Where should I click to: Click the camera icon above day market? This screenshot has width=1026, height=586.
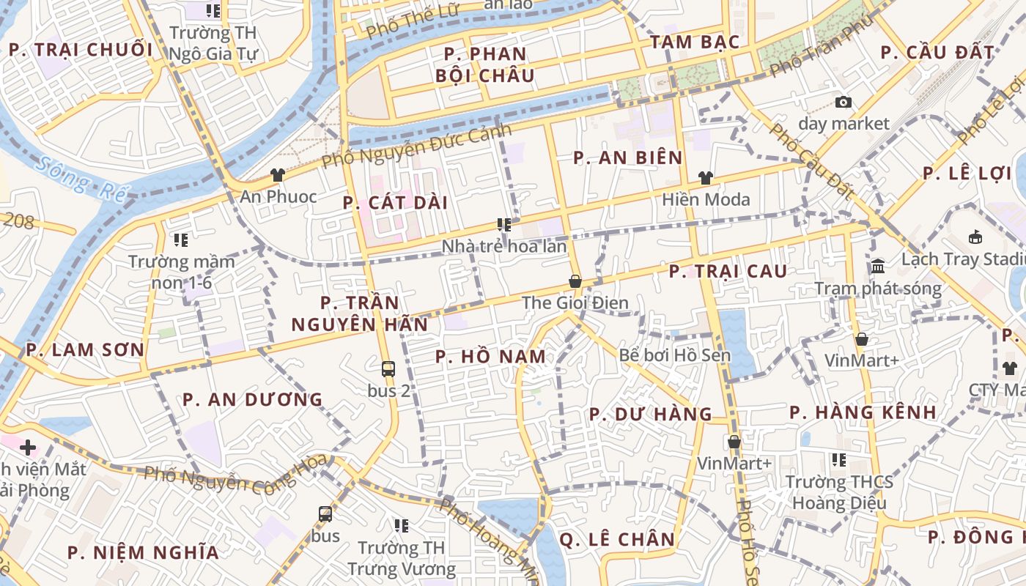point(844,103)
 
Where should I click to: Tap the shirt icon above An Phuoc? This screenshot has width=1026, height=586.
point(278,174)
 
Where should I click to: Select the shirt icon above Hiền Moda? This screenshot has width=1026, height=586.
point(706,177)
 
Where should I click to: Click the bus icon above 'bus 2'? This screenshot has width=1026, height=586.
point(388,369)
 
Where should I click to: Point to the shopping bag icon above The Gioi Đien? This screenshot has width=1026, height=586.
point(575,281)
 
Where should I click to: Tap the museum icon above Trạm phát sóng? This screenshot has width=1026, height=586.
point(878,266)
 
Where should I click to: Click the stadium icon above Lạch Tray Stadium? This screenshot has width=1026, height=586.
point(976,237)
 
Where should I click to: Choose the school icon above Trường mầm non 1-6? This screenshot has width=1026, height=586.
point(181,240)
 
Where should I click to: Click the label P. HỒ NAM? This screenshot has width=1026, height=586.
point(490,357)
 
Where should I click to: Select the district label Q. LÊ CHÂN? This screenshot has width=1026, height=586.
point(616,540)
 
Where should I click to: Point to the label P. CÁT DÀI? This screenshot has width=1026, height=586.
point(395,203)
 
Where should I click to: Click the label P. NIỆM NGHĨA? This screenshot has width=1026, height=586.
point(143,552)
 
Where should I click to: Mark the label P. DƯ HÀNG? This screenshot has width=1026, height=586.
point(650,415)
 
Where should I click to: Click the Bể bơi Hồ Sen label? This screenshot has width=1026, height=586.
point(675,355)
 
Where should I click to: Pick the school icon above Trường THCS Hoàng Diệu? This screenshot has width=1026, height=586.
point(839,460)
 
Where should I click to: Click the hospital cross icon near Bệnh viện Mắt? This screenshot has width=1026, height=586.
point(28,447)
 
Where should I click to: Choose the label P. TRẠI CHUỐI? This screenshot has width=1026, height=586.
point(81,50)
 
